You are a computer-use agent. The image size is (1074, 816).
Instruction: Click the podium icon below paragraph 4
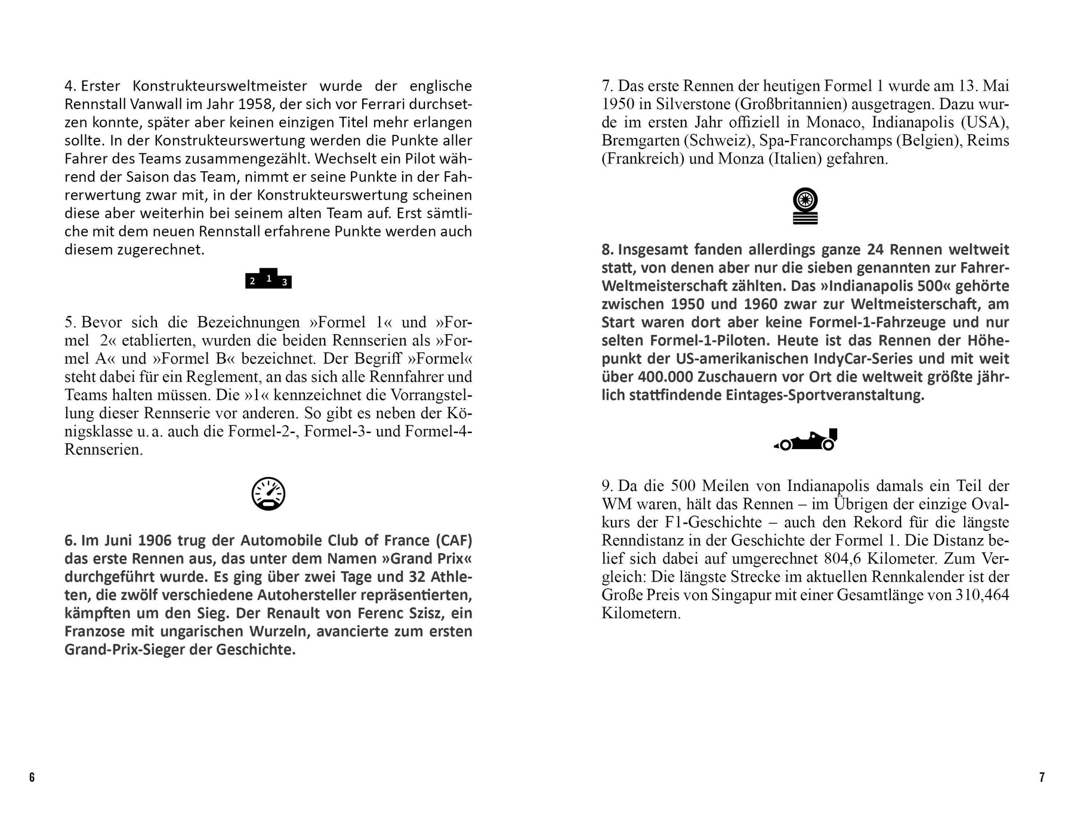[268, 279]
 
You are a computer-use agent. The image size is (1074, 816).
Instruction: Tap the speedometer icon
[268, 494]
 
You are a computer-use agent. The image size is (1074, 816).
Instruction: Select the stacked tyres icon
[805, 206]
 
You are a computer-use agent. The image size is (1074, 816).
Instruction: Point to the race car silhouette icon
[806, 440]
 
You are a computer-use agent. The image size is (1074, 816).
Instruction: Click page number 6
[32, 777]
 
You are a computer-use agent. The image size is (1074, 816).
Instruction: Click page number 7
[1042, 777]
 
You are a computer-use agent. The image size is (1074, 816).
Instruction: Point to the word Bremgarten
[640, 141]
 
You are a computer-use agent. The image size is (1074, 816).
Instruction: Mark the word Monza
[740, 159]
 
